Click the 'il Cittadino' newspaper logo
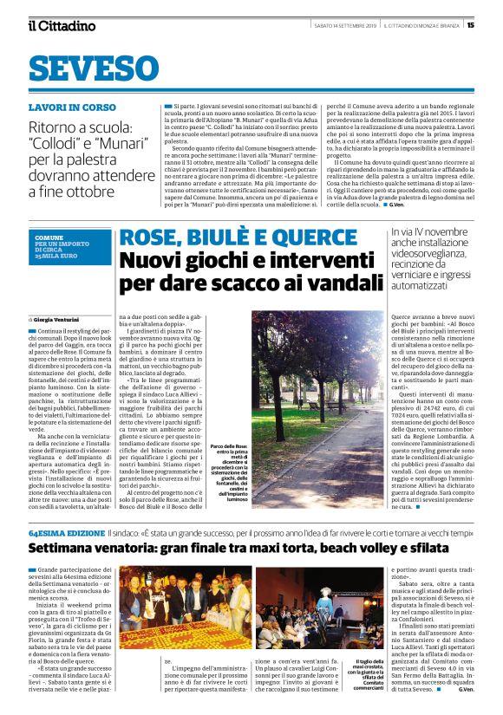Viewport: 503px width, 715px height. (x=62, y=25)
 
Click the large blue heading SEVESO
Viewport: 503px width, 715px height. (x=95, y=68)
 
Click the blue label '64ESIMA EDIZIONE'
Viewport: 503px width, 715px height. (x=67, y=508)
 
